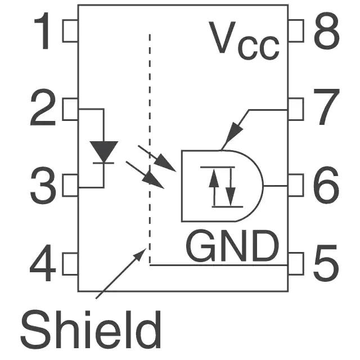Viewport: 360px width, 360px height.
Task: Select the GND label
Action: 232,246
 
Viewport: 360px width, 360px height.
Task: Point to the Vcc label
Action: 244,40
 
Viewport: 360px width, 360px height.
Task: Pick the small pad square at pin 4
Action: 70,264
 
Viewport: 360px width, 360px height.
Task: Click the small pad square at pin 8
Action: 295,31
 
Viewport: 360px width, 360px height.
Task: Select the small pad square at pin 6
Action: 295,185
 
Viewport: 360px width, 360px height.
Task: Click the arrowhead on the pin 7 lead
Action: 232,137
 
